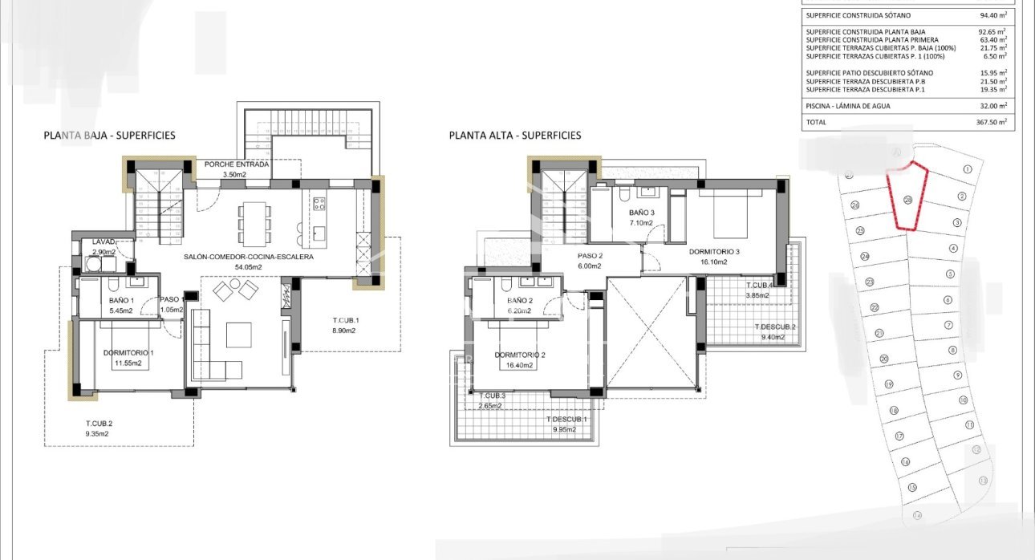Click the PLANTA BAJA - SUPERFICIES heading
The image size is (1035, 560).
[109, 136]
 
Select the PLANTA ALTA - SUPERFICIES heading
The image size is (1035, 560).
[515, 136]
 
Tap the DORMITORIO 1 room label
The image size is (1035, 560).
[128, 353]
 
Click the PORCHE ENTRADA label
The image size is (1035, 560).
[236, 164]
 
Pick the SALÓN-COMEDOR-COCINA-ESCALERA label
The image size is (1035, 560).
[247, 258]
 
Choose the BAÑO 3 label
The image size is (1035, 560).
[643, 213]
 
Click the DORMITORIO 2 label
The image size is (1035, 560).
[520, 355]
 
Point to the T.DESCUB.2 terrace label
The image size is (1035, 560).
[775, 327]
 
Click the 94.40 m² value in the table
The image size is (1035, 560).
[991, 15]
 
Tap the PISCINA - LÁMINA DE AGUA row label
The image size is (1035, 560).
[848, 106]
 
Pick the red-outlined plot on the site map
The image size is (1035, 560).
[907, 197]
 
